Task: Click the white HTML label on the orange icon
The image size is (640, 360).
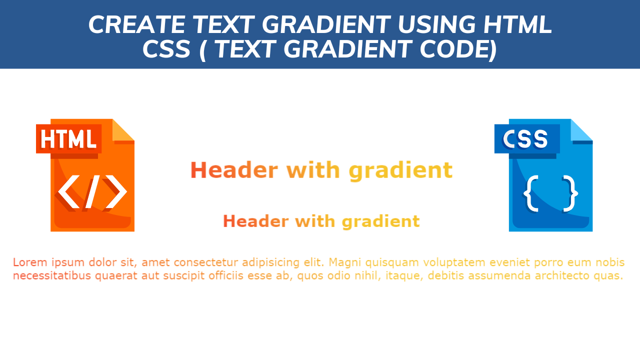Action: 68,139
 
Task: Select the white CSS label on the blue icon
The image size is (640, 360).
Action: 525,139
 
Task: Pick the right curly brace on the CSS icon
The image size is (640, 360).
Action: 571,192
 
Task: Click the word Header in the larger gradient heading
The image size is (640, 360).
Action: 233,170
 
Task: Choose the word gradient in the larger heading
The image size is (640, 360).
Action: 400,171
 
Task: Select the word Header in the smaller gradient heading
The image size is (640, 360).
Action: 255,221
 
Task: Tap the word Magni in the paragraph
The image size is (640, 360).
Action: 345,262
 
